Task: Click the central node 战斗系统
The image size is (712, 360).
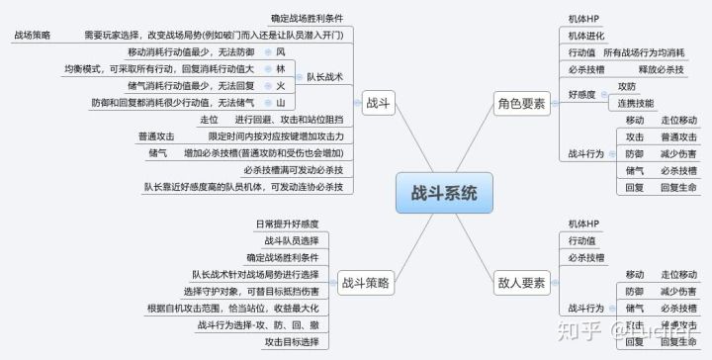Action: coord(443,192)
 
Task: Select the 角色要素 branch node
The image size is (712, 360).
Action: coord(520,103)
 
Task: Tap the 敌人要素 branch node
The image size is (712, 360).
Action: coord(520,283)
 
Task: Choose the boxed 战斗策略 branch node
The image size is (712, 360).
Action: coord(364,283)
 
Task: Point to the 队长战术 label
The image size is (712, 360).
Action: coord(325,76)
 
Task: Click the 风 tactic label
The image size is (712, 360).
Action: coord(281,51)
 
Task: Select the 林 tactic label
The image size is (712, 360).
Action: coord(281,69)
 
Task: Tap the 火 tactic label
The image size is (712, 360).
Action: coord(281,86)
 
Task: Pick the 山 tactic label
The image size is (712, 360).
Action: coord(281,103)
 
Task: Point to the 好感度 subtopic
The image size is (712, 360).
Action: coord(582,94)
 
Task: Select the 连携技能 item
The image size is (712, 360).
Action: coord(636,103)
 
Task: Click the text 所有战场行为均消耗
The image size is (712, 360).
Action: coord(644,52)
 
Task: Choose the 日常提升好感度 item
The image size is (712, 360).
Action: coord(287,224)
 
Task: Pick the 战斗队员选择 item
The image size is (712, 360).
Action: coord(292,240)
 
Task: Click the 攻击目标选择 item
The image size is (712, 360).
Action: coord(292,341)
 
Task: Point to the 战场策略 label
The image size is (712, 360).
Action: coord(33,35)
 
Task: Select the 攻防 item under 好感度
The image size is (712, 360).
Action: coord(627,86)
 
